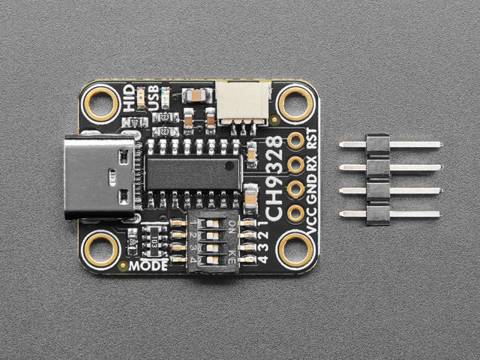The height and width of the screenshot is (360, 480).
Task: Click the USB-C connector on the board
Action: (102, 177)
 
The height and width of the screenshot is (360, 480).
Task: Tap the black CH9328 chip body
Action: (193, 173)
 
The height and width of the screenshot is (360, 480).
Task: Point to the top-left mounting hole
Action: (101, 103)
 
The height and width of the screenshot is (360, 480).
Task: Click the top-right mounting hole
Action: (295, 103)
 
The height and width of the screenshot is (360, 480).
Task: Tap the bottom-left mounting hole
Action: (101, 249)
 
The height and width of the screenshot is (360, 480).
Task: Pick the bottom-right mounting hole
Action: (295, 249)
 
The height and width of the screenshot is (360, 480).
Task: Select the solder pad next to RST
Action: (295, 140)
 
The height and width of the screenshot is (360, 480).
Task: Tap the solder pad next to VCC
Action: (295, 213)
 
